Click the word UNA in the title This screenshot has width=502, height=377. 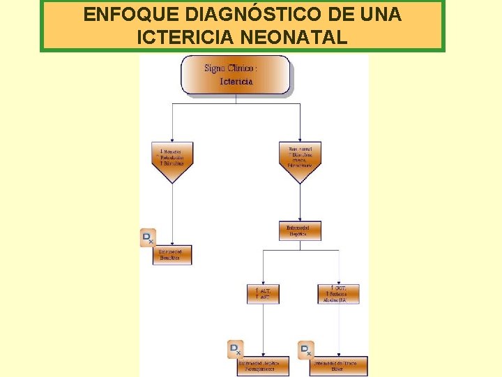(x=381, y=15)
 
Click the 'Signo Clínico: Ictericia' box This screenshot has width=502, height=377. (x=236, y=75)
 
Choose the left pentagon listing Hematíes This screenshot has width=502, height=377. (x=172, y=160)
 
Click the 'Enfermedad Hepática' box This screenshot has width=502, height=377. (x=300, y=231)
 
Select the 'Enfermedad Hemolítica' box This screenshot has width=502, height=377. (x=172, y=255)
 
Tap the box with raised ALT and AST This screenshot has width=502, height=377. (x=263, y=293)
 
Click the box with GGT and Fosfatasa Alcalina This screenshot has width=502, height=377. (x=339, y=293)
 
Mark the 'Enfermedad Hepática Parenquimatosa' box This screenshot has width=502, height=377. (x=263, y=366)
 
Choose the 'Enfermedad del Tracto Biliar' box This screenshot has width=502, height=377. (x=339, y=366)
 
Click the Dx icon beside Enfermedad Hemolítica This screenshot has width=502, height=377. (x=148, y=237)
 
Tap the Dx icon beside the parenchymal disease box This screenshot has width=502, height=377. (x=236, y=349)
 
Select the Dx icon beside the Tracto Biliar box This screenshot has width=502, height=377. (x=306, y=349)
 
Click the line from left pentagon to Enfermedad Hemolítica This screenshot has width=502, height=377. (x=172, y=213)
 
